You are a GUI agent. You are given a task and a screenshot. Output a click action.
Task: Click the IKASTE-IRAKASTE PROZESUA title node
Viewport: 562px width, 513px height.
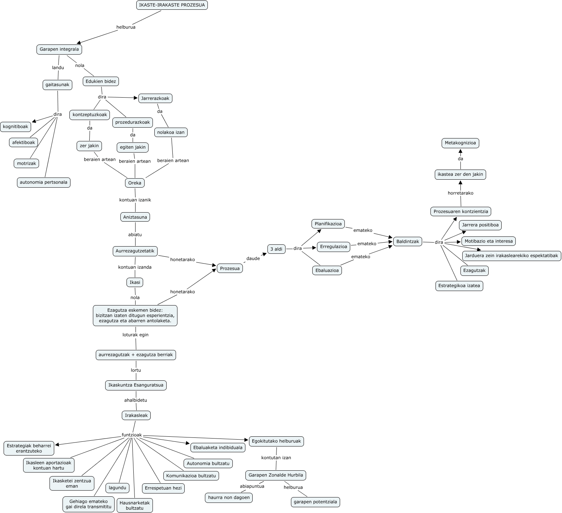pyautogui.click(x=172, y=5)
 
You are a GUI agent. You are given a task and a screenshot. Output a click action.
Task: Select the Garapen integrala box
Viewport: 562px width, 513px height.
pyautogui.click(x=59, y=49)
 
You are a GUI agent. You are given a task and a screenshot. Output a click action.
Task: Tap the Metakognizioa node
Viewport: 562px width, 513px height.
pyautogui.click(x=460, y=143)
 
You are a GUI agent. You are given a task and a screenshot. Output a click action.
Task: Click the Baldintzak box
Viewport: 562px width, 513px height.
pyautogui.click(x=407, y=241)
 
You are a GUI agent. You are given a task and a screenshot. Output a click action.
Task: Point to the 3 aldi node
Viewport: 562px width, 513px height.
pyautogui.click(x=276, y=249)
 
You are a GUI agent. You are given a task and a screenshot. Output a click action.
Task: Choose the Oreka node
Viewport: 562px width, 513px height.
pyautogui.click(x=134, y=183)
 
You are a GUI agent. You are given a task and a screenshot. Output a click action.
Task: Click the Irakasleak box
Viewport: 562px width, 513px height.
pyautogui.click(x=136, y=415)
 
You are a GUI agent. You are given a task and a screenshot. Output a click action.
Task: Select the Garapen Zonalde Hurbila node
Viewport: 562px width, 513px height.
pyautogui.click(x=276, y=475)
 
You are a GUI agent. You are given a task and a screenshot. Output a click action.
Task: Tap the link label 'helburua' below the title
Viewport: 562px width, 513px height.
pyautogui.click(x=126, y=27)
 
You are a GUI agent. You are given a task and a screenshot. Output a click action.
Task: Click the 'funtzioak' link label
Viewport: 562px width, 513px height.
pyautogui.click(x=132, y=435)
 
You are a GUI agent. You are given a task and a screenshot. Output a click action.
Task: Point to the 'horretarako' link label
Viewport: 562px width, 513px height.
pyautogui.click(x=460, y=193)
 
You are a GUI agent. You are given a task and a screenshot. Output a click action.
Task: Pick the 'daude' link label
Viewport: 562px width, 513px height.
pyautogui.click(x=253, y=258)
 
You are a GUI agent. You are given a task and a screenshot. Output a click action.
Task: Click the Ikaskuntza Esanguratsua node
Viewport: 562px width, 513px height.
pyautogui.click(x=136, y=385)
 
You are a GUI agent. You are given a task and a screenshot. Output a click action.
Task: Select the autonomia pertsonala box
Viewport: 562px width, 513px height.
pyautogui.click(x=43, y=182)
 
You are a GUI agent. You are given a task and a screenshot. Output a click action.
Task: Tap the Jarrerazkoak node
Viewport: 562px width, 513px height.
pyautogui.click(x=155, y=98)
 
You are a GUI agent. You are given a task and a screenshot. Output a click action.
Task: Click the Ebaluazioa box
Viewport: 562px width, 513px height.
pyautogui.click(x=327, y=270)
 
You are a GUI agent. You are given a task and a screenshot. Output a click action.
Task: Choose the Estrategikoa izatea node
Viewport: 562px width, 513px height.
pyautogui.click(x=459, y=286)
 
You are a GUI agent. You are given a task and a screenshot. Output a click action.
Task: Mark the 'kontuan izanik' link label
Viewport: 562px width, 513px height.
pyautogui.click(x=135, y=200)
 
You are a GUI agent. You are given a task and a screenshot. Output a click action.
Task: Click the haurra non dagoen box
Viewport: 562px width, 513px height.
pyautogui.click(x=229, y=497)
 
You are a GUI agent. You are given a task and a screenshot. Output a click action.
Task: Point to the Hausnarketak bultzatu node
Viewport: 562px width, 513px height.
pyautogui.click(x=134, y=505)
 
